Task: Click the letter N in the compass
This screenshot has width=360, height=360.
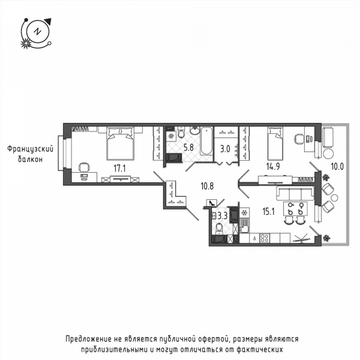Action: click(x=37, y=31)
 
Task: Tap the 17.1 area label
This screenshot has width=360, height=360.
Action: click(x=119, y=169)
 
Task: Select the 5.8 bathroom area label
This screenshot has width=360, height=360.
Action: click(x=188, y=148)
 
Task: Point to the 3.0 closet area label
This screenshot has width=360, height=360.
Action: click(x=225, y=149)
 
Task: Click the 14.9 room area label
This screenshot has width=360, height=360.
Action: click(x=273, y=166)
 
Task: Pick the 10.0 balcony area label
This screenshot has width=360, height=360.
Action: click(x=337, y=166)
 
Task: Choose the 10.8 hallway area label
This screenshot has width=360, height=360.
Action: click(x=207, y=186)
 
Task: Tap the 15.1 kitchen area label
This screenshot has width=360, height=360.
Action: click(x=269, y=211)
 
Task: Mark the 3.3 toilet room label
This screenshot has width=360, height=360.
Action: click(x=223, y=216)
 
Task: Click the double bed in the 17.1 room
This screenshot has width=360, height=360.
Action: click(x=120, y=144)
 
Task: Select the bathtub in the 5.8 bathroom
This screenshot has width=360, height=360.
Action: click(x=206, y=141)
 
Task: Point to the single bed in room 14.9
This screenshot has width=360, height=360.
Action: click(x=275, y=144)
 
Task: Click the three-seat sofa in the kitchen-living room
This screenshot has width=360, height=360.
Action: click(x=295, y=194)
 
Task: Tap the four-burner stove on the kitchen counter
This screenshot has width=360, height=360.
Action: click(x=265, y=238)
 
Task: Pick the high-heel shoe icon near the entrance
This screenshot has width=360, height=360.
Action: click(x=212, y=203)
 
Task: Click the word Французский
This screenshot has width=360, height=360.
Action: click(x=31, y=149)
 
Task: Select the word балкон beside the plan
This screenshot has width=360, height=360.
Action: click(x=31, y=159)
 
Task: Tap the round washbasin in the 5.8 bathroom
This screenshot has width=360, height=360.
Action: click(x=195, y=131)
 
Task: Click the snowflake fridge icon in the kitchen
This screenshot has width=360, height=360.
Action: click(x=245, y=213)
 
